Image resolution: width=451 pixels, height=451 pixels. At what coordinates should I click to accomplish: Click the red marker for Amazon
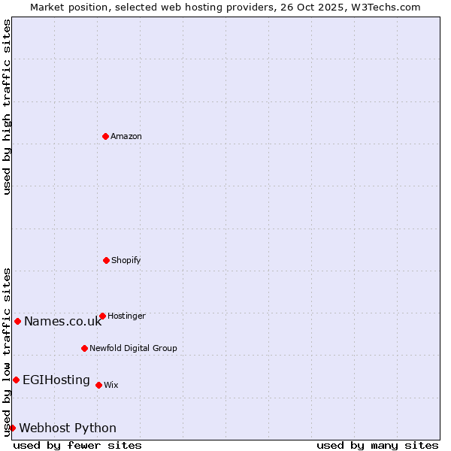pyautogui.click(x=105, y=136)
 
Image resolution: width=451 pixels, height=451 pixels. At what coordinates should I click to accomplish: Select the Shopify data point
pyautogui.click(x=106, y=260)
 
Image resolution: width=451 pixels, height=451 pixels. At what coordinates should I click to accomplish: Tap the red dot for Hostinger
pyautogui.click(x=102, y=316)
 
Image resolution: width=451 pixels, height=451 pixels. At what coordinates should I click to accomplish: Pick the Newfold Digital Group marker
pyautogui.click(x=84, y=348)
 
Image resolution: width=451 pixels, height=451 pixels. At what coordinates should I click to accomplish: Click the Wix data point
pyautogui.click(x=98, y=385)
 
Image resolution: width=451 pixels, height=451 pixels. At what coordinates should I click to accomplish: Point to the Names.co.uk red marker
pyautogui.click(x=17, y=321)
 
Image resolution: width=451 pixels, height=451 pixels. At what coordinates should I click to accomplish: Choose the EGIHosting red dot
pyautogui.click(x=16, y=380)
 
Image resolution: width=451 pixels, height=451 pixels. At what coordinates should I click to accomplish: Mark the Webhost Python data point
pyautogui.click(x=12, y=428)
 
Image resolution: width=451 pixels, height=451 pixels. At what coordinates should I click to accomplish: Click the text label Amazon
pyautogui.click(x=126, y=136)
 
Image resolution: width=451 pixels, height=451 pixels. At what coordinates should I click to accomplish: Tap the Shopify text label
pyautogui.click(x=126, y=260)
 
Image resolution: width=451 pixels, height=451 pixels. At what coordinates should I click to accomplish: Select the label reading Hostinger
pyautogui.click(x=126, y=316)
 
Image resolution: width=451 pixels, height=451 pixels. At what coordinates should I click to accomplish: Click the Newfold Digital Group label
pyautogui.click(x=133, y=348)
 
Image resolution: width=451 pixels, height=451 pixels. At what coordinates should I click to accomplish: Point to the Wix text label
pyautogui.click(x=111, y=385)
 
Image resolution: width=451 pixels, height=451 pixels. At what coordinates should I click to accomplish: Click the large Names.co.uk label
pyautogui.click(x=62, y=322)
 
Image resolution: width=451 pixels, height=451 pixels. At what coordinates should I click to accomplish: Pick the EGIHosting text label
pyautogui.click(x=56, y=380)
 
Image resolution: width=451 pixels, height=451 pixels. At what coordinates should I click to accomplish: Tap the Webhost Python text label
pyautogui.click(x=68, y=428)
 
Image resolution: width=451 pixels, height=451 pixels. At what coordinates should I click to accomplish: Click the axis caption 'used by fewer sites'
pyautogui.click(x=77, y=445)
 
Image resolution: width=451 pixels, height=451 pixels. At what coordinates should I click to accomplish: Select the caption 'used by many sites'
pyautogui.click(x=377, y=445)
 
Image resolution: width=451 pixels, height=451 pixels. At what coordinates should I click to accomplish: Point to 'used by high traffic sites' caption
pyautogui.click(x=7, y=107)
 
